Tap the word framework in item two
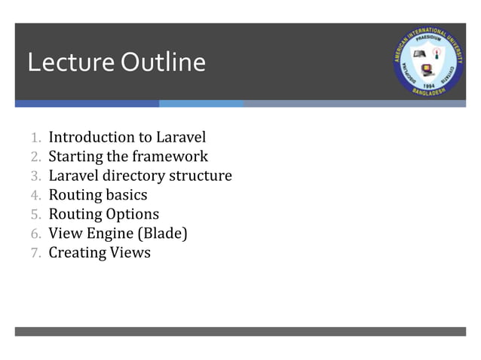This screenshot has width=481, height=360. click(170, 157)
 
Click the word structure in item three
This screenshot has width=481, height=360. click(200, 176)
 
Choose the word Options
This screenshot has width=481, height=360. click(132, 215)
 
